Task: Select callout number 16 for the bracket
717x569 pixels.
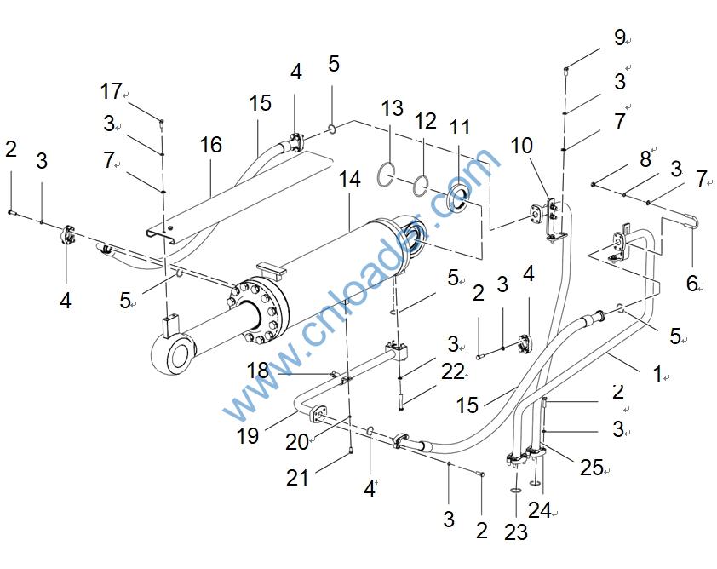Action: [210, 145]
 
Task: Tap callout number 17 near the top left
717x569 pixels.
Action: [112, 91]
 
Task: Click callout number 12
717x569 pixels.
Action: [426, 122]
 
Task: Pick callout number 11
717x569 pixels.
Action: [460, 128]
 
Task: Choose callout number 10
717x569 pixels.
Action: [521, 146]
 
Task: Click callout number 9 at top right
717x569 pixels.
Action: [620, 37]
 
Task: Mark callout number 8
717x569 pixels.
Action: [645, 158]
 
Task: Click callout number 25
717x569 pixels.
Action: [592, 467]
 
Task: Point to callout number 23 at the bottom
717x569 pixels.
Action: [516, 532]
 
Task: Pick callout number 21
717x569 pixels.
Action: [297, 479]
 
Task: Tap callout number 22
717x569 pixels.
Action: [453, 371]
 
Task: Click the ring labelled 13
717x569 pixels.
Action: [387, 177]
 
